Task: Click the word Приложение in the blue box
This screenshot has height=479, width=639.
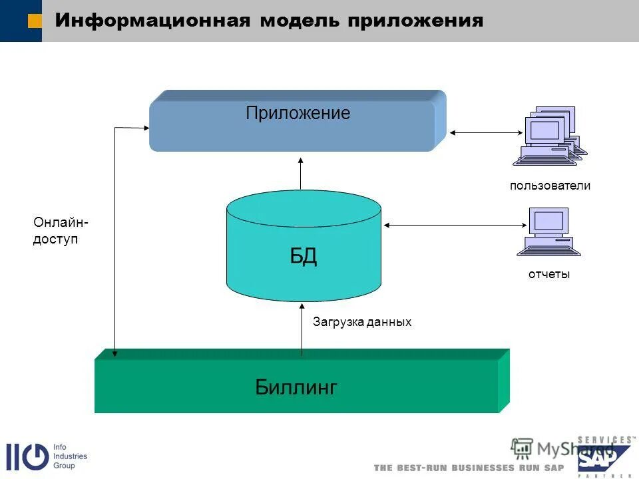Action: [x=298, y=113]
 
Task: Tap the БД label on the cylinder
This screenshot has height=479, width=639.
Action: [x=304, y=256]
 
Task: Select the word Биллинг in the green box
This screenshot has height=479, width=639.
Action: [x=296, y=387]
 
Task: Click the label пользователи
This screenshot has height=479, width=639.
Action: [x=550, y=186]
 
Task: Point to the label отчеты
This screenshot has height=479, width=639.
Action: [x=549, y=274]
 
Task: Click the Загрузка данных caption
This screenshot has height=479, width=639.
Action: [x=362, y=322]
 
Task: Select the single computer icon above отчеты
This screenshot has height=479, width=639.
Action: [x=549, y=232]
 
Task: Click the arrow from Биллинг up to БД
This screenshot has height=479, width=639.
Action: [x=302, y=329]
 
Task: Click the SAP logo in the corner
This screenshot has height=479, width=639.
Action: [x=602, y=457]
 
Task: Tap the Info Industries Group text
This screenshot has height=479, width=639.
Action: [x=70, y=456]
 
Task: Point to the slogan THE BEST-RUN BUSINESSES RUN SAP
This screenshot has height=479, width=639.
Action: [x=469, y=468]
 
